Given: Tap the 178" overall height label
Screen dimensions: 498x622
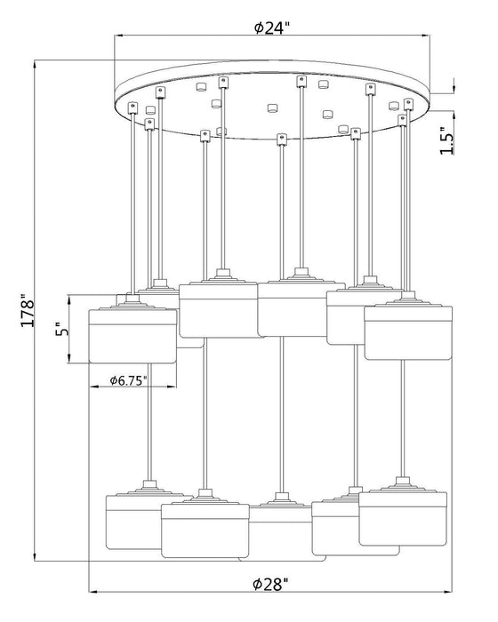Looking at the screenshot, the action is [28, 311].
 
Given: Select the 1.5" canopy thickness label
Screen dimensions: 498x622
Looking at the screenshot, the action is [446, 140].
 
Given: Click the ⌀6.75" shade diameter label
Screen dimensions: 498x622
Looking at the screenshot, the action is [129, 381].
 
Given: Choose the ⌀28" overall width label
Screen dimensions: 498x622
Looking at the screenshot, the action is [270, 584].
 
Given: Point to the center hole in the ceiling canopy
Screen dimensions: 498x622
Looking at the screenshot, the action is [272, 108].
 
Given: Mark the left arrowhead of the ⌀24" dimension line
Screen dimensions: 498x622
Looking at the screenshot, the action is [118, 36].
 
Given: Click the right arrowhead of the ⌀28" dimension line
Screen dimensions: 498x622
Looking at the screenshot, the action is [449, 592].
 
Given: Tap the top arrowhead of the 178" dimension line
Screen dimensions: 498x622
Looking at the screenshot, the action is [36, 63].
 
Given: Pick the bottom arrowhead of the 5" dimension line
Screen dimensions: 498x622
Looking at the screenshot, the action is [69, 359].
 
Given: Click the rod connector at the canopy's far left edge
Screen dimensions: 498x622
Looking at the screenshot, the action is [133, 108].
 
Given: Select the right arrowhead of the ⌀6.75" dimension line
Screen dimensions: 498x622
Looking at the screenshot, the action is [173, 387].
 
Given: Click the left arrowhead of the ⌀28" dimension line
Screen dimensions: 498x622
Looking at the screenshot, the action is [92, 592].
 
